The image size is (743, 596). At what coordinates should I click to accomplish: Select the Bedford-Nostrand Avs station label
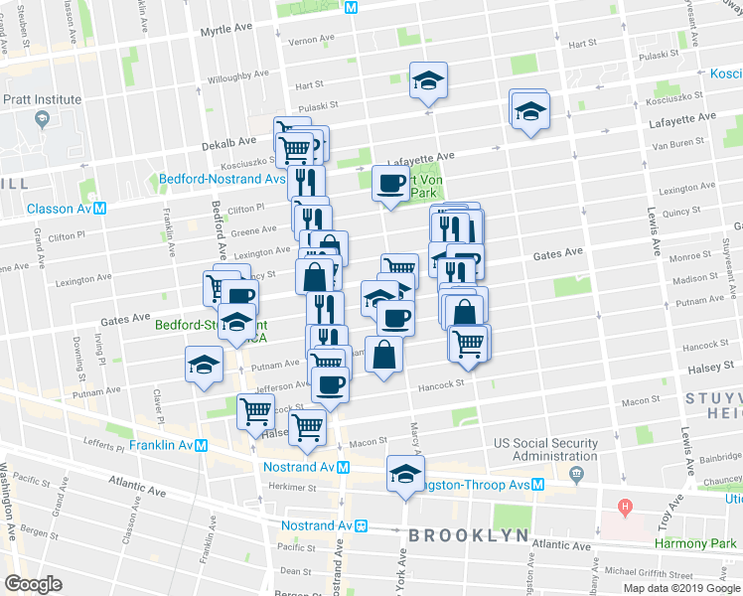[222, 180]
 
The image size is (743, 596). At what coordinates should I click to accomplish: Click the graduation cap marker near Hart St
[429, 79]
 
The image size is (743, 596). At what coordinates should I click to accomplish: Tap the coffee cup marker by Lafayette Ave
[390, 183]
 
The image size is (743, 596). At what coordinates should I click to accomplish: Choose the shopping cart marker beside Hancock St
[467, 343]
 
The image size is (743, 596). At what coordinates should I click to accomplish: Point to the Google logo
[34, 583]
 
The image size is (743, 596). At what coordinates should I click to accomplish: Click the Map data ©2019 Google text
[681, 588]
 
